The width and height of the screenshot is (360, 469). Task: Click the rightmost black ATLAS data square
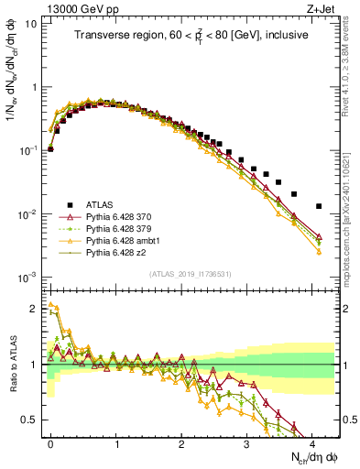pos(318,206)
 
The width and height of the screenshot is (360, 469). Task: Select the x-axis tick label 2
pos(181,442)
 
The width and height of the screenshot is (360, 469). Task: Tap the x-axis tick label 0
pos(50,442)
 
